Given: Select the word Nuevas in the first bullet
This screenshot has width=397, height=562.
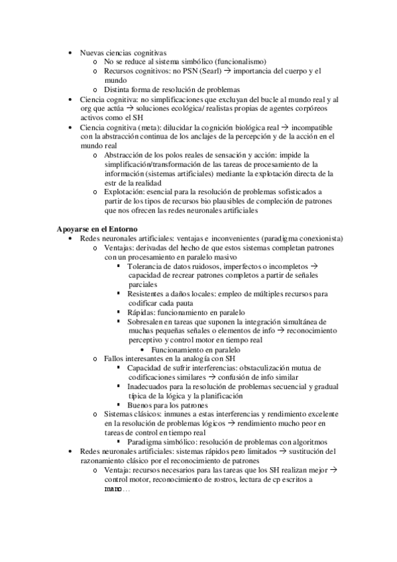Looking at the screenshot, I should click(x=93, y=52).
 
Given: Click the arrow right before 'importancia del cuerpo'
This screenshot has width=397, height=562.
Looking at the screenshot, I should click(x=210, y=70).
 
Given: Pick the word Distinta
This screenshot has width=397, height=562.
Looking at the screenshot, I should click(x=116, y=89).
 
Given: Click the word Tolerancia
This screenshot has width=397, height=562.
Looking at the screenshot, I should click(x=148, y=266).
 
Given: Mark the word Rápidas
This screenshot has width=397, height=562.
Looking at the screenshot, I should click(x=142, y=312).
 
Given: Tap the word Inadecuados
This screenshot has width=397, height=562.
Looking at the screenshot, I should click(x=152, y=386).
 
